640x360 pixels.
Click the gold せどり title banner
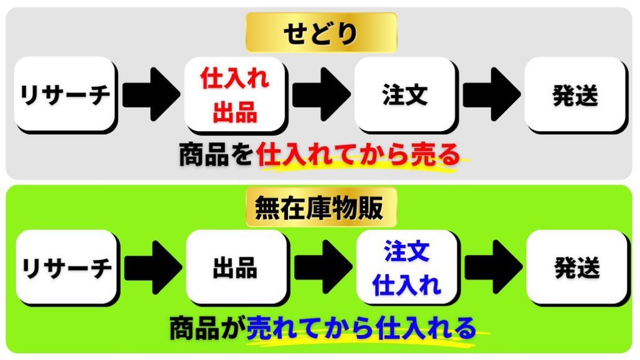[321, 34]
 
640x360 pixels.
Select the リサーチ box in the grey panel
[65, 95]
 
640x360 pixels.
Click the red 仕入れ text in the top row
[234, 80]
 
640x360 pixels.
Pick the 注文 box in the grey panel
[404, 95]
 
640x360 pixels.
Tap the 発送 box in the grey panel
[575, 95]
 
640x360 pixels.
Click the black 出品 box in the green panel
[235, 267]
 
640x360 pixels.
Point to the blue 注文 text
[406, 252]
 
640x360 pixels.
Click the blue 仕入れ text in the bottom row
[406, 284]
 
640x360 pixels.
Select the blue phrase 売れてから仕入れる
[361, 328]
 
